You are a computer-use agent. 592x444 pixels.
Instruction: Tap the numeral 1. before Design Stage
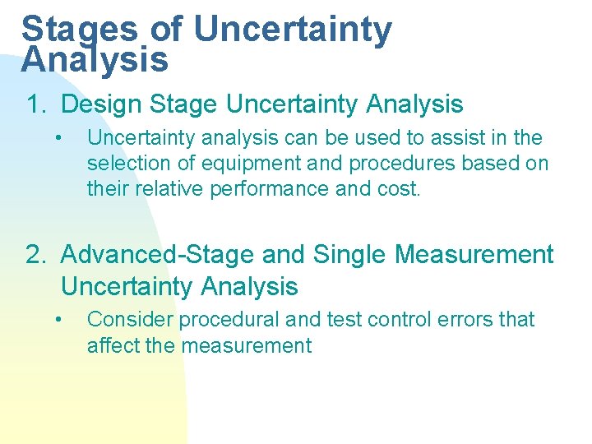[38, 104]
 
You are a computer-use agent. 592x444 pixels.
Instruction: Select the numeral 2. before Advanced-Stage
[38, 255]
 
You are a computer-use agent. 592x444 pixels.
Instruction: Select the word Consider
[130, 319]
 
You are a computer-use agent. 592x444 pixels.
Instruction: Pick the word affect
[113, 345]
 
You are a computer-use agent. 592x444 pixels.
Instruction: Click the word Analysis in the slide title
[95, 60]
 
